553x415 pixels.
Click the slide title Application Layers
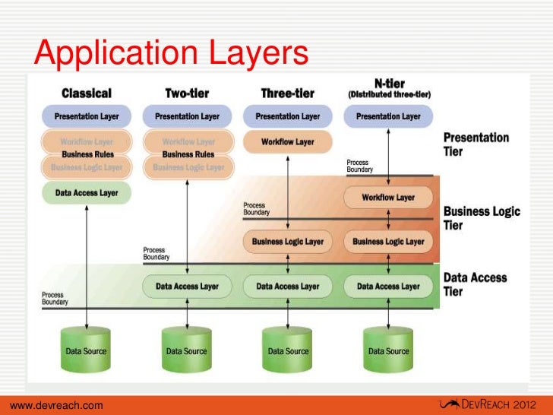(172, 53)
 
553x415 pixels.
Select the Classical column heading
(86, 93)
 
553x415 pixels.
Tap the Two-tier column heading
(187, 93)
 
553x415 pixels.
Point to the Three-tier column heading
(287, 93)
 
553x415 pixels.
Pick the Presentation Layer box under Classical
(87, 117)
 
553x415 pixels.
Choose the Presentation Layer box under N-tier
(388, 117)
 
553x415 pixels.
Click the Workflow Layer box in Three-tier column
(287, 142)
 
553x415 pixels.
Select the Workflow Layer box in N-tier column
(388, 198)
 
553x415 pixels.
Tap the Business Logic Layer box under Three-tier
(287, 242)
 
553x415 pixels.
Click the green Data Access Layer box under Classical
(87, 193)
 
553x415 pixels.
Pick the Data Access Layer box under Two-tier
(187, 287)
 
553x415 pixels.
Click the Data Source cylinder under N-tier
(387, 350)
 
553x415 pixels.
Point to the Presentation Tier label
(476, 144)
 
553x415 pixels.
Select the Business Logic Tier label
(480, 218)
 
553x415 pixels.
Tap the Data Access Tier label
(476, 284)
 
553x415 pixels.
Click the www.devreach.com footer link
(57, 406)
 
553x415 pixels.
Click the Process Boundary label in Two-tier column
(154, 254)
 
